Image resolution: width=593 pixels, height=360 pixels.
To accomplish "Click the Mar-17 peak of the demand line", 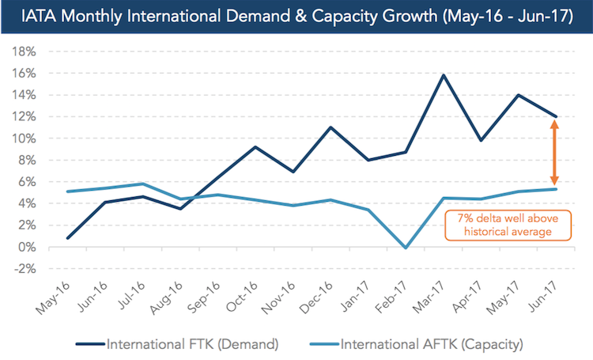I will tap(422, 75).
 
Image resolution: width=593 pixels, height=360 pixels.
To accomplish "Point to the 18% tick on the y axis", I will tap(24, 51).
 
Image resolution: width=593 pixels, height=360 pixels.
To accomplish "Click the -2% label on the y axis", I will tap(24, 268).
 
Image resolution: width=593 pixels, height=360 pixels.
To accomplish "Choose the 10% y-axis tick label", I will tap(24, 138).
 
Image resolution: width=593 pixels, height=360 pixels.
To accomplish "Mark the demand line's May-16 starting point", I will tap(68, 238).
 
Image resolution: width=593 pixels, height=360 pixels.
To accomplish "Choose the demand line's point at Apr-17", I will tap(480, 141).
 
